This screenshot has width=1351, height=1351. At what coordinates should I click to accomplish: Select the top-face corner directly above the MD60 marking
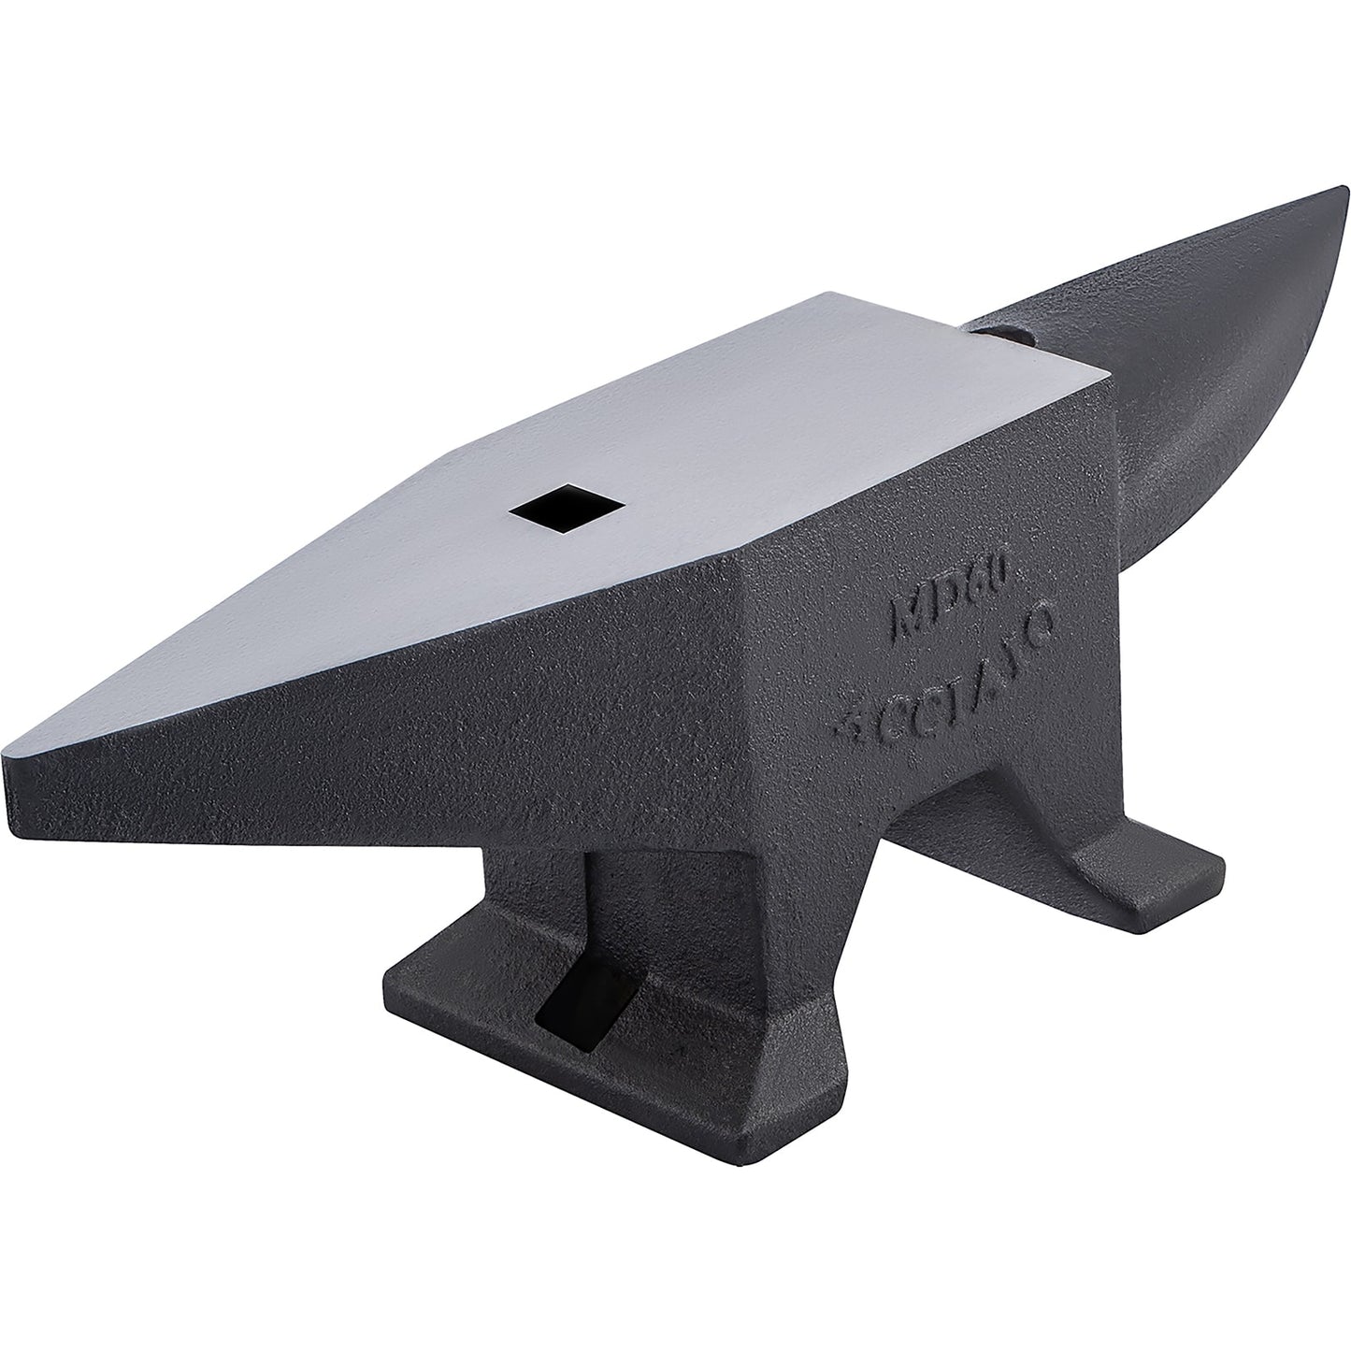(x=1108, y=379)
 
